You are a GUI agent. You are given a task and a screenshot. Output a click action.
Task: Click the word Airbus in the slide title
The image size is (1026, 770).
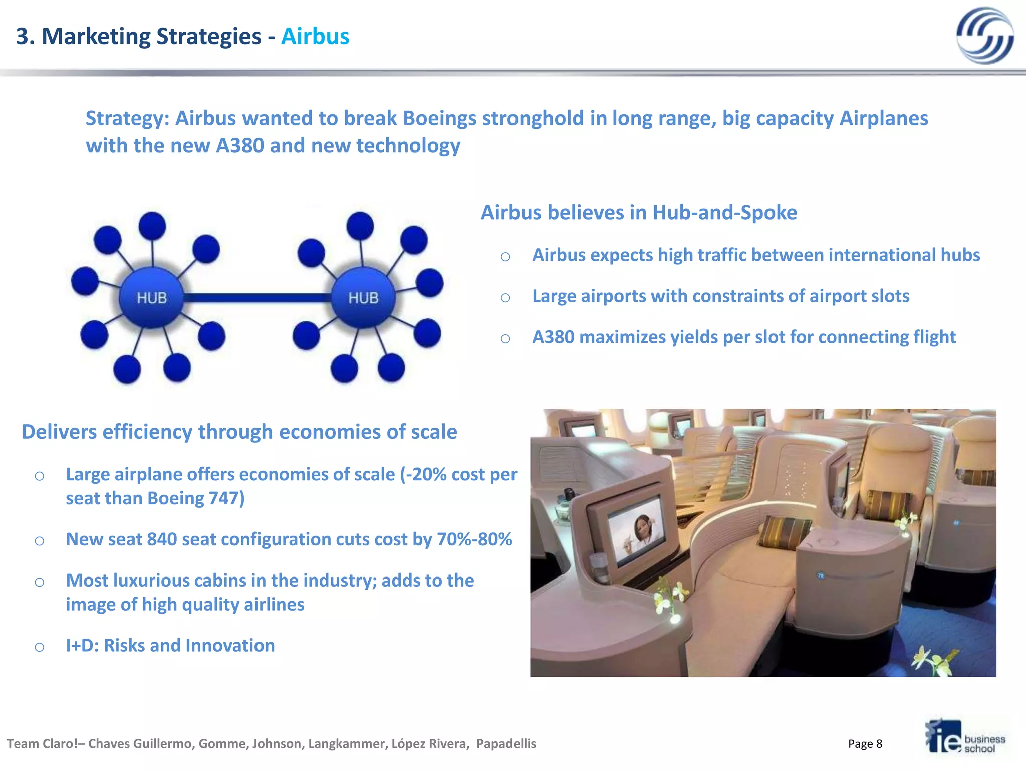[315, 37]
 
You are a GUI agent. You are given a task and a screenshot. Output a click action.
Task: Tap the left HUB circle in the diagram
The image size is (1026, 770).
[151, 297]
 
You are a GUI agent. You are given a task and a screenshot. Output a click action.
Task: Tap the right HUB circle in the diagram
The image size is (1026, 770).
[363, 297]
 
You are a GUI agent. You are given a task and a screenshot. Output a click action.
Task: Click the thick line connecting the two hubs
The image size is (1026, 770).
[257, 298]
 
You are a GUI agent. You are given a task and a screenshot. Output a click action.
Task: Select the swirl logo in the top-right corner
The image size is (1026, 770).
[984, 36]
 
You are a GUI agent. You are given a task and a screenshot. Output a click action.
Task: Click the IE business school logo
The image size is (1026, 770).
[965, 737]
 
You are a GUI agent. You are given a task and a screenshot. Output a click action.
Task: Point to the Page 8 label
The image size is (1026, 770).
[865, 744]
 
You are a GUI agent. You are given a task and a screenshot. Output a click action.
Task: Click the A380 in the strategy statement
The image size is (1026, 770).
[240, 146]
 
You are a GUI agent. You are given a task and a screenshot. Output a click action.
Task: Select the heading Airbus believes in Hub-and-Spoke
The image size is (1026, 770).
[639, 213]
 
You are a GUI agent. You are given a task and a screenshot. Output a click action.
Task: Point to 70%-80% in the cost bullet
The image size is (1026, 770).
[474, 539]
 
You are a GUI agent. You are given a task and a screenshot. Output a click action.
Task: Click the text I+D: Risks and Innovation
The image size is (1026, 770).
[170, 646]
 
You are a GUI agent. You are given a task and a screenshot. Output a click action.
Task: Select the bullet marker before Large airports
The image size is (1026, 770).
[505, 298]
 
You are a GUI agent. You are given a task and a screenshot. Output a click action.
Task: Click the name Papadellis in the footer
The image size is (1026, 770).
[506, 744]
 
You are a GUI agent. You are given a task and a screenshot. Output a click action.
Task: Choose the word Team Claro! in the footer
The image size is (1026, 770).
[42, 744]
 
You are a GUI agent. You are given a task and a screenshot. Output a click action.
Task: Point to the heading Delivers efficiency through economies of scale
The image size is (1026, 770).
[239, 432]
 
